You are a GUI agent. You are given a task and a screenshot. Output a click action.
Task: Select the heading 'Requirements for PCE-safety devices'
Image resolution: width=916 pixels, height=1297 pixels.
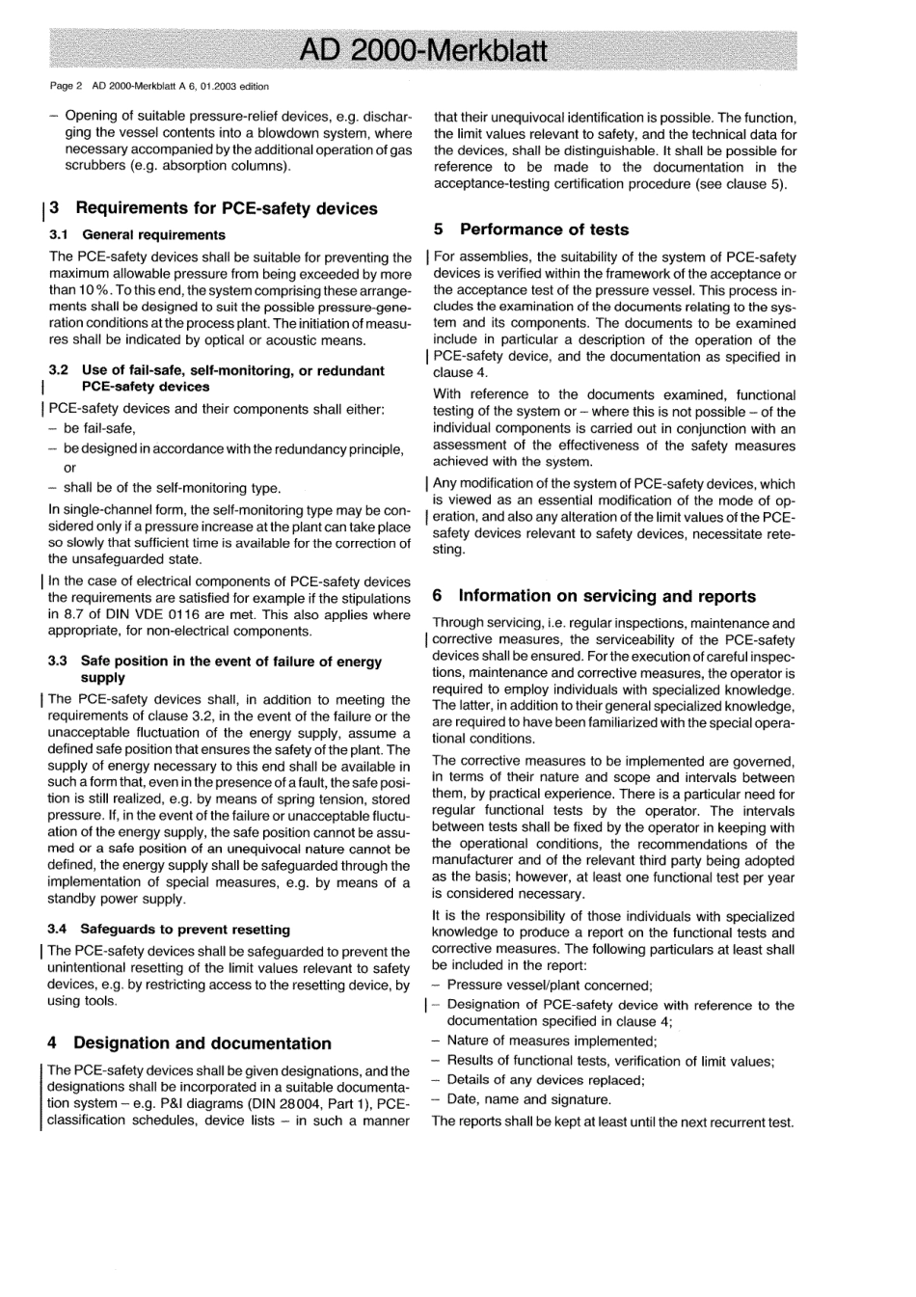[226, 208]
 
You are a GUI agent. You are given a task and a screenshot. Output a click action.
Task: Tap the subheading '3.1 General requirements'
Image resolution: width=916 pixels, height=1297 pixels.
[137, 234]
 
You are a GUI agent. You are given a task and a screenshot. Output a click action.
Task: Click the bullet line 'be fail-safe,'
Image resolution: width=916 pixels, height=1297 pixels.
[99, 428]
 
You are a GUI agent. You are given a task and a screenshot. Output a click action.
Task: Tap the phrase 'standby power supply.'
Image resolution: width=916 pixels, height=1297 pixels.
[117, 899]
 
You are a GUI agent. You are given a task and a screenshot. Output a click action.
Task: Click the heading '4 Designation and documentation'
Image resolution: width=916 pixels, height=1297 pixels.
[189, 1043]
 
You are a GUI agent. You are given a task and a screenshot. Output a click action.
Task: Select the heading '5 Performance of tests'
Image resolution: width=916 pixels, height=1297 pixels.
[530, 230]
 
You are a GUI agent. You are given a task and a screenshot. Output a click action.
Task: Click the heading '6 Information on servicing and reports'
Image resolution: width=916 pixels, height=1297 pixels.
[594, 596]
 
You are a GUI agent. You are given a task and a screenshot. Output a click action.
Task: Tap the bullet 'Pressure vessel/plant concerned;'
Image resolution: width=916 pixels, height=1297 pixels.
[550, 985]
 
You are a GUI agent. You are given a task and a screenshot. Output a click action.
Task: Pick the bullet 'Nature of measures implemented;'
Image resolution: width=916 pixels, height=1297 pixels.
[552, 1040]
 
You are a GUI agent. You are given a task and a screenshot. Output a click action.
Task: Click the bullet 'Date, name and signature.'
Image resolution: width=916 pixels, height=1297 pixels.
[528, 1099]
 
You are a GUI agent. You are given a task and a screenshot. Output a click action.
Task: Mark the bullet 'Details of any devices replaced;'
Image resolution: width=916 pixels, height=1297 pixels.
[546, 1080]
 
